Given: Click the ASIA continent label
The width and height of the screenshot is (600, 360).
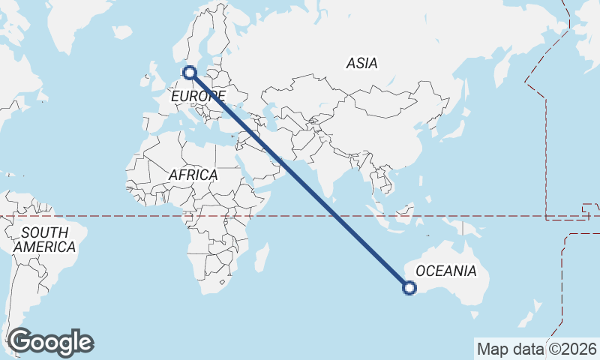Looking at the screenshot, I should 361,64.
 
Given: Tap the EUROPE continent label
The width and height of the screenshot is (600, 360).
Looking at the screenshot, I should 197,97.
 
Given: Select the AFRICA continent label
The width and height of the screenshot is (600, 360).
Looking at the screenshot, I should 193,175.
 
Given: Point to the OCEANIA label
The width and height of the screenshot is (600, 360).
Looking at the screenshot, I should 445,271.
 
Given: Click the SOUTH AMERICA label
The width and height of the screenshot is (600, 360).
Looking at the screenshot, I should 44,239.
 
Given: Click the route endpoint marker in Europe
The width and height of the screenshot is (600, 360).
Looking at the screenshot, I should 190,73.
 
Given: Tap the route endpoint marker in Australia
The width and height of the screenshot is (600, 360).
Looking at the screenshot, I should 409,286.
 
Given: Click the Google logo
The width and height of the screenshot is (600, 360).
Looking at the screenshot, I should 50,342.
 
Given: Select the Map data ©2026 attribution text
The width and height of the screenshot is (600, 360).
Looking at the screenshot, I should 536,349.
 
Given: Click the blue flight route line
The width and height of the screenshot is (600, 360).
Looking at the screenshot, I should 300,180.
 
